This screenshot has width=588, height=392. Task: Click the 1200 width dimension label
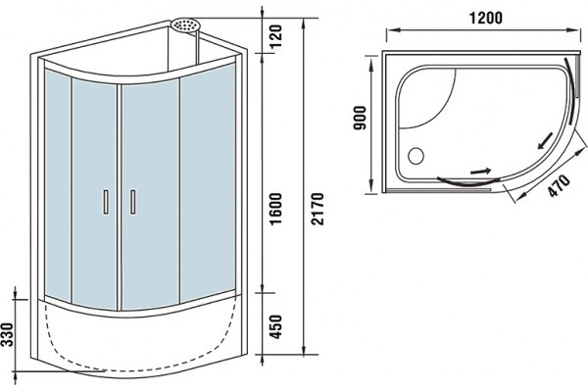486,18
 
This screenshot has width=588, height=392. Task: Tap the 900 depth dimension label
360,119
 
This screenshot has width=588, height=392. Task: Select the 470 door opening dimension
559,185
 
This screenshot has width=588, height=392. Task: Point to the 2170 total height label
318,208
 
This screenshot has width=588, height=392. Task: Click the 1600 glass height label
275,209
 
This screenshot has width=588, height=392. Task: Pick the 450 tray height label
276,326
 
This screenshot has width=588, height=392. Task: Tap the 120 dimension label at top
275,35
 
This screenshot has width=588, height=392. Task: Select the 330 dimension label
8,335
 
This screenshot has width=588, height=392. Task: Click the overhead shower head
186,24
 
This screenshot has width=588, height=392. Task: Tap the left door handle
106,202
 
